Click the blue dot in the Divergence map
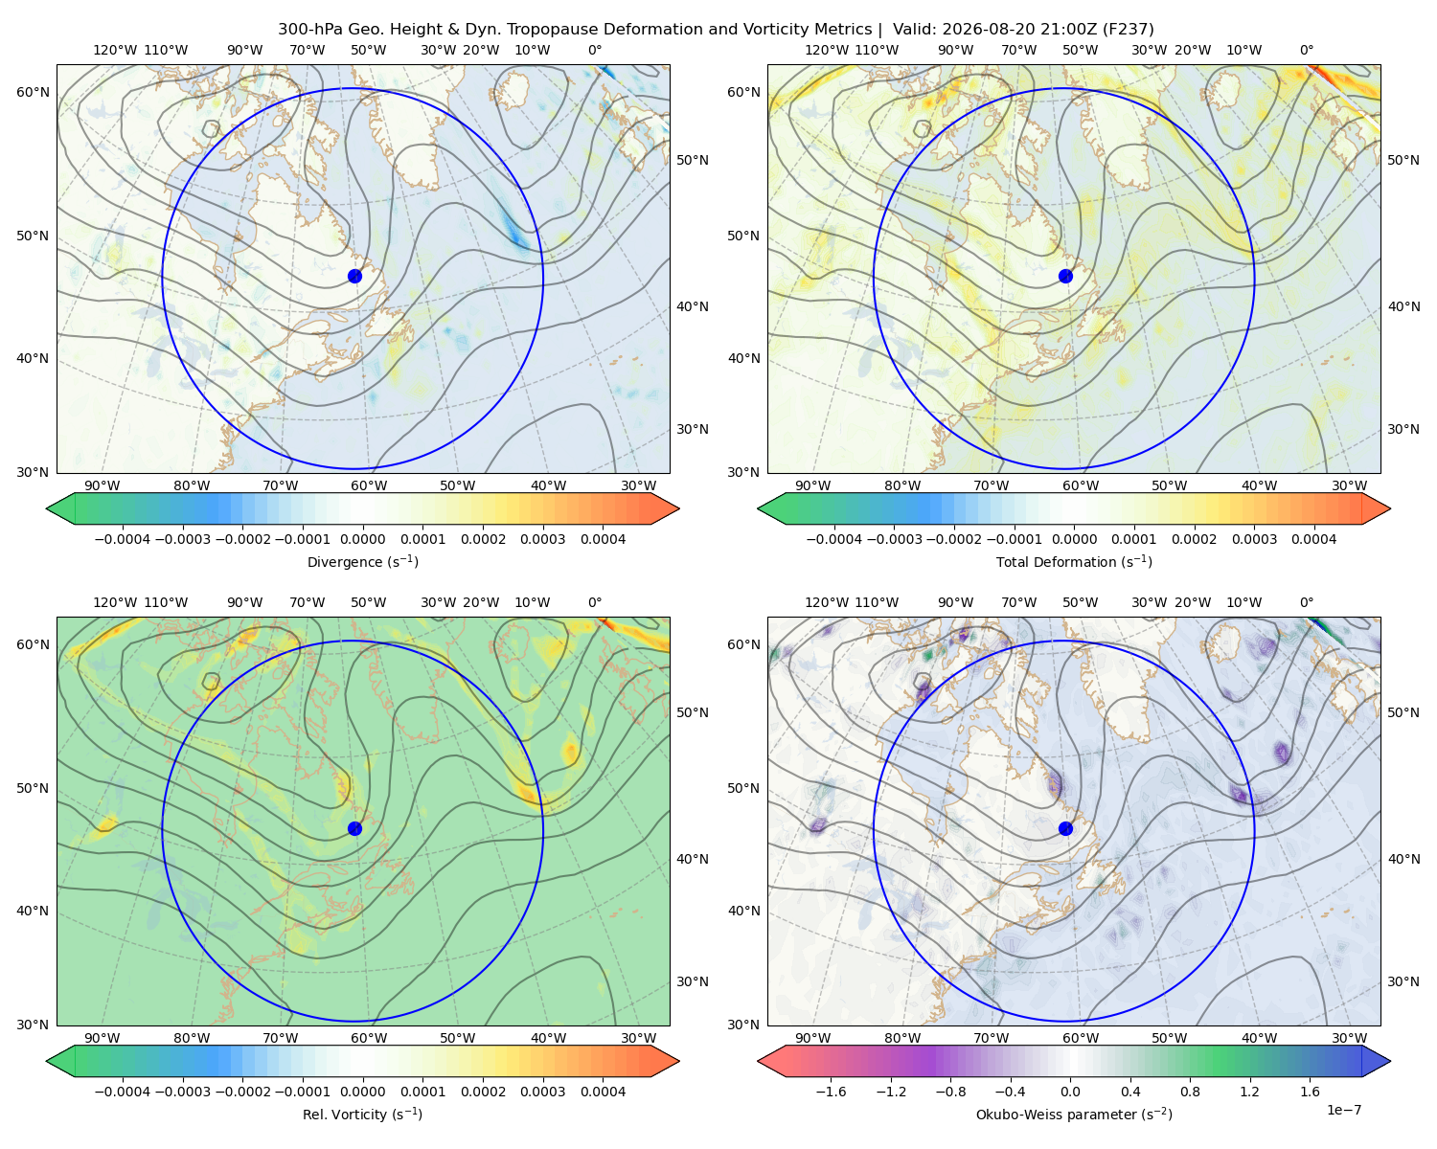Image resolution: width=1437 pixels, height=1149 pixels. click(x=354, y=276)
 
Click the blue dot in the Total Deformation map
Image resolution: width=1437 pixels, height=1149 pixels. click(x=1065, y=276)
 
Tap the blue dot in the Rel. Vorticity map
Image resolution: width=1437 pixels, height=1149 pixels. click(x=354, y=828)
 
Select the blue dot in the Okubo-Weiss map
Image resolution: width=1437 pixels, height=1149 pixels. click(x=1065, y=828)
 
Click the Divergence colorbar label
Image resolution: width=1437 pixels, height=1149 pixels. click(x=362, y=561)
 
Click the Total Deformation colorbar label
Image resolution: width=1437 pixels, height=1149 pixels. click(x=1074, y=561)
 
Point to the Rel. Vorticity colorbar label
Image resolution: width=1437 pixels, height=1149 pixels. click(x=362, y=1114)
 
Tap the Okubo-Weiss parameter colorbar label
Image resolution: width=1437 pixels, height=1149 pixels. click(x=1074, y=1114)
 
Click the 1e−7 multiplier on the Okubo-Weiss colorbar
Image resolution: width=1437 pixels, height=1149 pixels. click(x=1343, y=1110)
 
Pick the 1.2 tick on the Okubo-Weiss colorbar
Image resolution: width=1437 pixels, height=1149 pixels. click(x=1249, y=1091)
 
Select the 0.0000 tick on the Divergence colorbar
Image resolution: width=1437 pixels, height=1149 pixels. click(x=362, y=539)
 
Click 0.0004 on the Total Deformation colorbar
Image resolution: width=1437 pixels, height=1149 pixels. click(x=1313, y=539)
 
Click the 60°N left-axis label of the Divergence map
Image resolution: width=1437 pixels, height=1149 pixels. click(x=33, y=92)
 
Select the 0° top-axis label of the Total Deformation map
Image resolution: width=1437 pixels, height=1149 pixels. click(x=1306, y=50)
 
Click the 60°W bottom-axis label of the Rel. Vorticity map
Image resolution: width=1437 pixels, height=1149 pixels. click(x=369, y=1038)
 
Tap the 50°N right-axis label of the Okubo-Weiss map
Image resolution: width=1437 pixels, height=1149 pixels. click(x=1403, y=712)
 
